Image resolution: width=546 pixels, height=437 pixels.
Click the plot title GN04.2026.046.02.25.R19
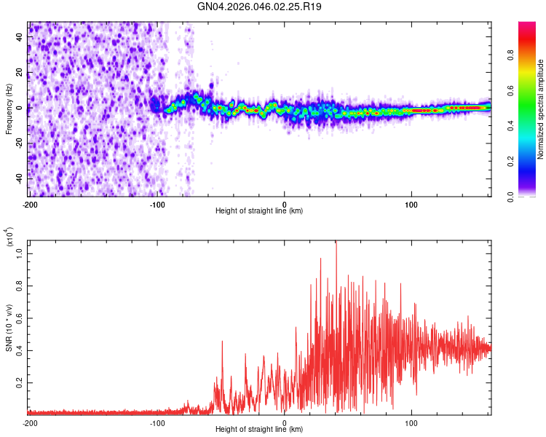click(x=260, y=7)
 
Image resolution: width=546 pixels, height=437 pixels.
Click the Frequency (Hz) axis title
click(x=9, y=109)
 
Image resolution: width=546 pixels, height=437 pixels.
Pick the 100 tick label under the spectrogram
click(x=411, y=203)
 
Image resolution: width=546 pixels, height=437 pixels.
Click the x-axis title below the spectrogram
click(x=259, y=211)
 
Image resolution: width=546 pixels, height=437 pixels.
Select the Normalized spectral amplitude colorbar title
click(x=540, y=109)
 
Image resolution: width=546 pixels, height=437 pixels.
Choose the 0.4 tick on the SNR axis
click(x=20, y=350)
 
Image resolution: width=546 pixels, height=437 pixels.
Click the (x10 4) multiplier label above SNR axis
click(x=9, y=237)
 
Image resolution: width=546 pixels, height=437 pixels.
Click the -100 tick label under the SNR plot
click(x=157, y=422)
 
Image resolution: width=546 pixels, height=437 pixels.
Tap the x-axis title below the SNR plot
click(x=259, y=430)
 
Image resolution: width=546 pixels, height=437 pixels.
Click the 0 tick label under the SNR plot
click(x=285, y=422)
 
